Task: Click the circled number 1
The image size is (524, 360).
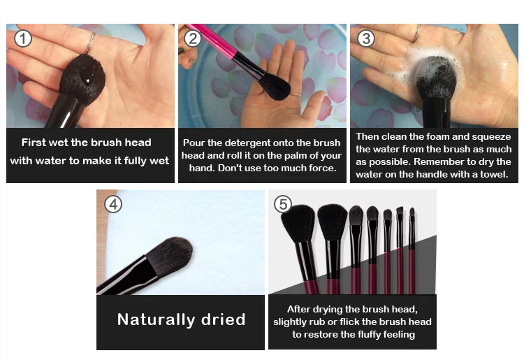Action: pyautogui.click(x=23, y=38)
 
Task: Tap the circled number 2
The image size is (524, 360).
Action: pyautogui.click(x=193, y=38)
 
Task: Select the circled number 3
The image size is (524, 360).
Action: pyautogui.click(x=366, y=38)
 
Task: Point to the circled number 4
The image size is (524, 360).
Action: pyautogui.click(x=113, y=204)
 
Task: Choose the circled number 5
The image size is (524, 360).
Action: pyautogui.click(x=283, y=204)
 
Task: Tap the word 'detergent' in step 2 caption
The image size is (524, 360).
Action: pyautogui.click(x=247, y=143)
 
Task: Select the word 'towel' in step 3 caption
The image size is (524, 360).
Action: pyautogui.click(x=493, y=174)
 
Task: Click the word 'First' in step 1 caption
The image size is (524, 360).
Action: pyautogui.click(x=34, y=143)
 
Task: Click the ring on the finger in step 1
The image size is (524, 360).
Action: pyautogui.click(x=90, y=43)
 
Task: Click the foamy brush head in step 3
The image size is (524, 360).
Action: pyautogui.click(x=435, y=77)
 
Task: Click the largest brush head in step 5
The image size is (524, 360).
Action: pyautogui.click(x=298, y=223)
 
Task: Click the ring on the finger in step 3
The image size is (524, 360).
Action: pyautogui.click(x=416, y=34)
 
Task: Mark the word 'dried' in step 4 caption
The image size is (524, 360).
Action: pyautogui.click(x=224, y=319)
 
